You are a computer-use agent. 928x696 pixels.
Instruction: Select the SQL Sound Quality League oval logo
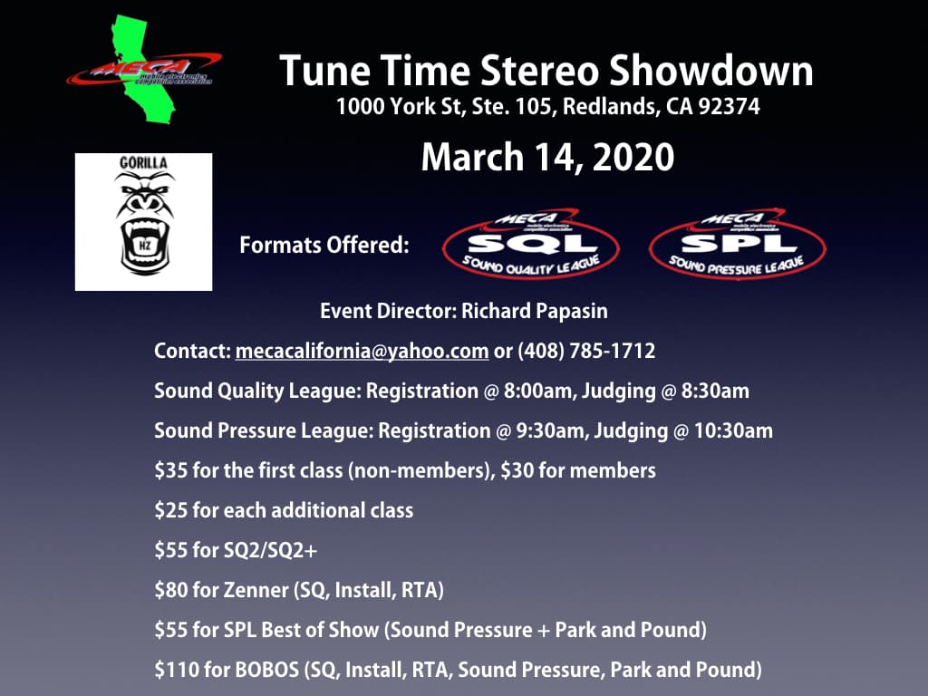coord(531,244)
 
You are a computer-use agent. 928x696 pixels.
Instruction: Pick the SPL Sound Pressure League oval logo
coord(738,244)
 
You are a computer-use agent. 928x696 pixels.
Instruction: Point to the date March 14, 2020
coord(547,157)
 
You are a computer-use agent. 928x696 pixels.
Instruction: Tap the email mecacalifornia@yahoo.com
coord(362,351)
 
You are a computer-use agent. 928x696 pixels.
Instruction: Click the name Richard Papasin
coord(535,312)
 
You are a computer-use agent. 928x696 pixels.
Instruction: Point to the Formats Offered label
coord(324,246)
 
